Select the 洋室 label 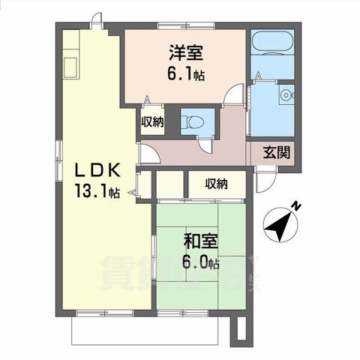point(186,53)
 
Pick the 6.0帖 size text point(200,262)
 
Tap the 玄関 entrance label point(276,152)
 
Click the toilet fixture point(193,120)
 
